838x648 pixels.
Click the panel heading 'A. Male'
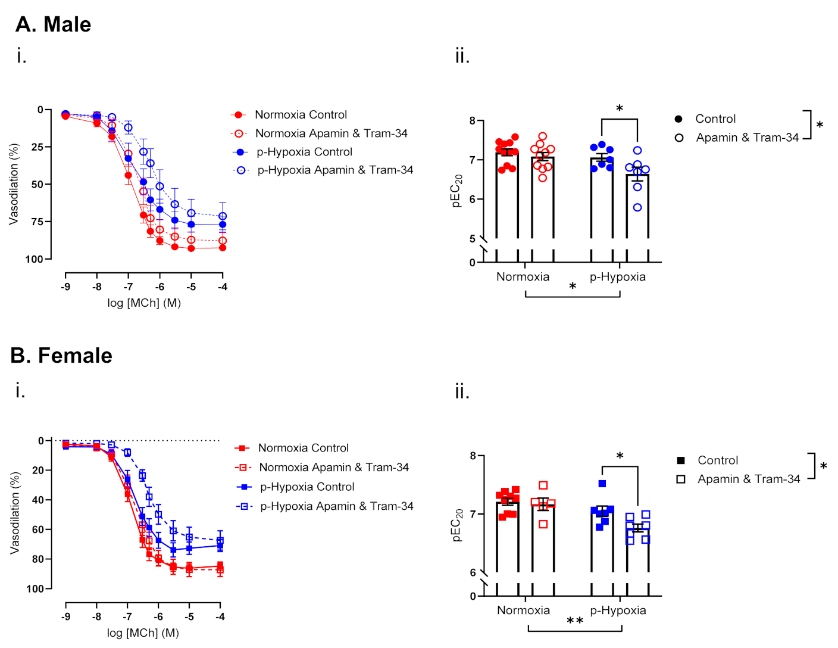(x=53, y=24)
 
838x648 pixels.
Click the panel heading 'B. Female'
(x=61, y=355)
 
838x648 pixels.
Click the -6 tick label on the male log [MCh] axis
(x=160, y=286)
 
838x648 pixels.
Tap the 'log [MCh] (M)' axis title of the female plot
(x=143, y=633)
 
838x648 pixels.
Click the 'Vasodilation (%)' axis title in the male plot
(x=14, y=184)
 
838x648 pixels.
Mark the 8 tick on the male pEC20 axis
(x=473, y=121)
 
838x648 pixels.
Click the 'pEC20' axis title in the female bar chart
(x=457, y=525)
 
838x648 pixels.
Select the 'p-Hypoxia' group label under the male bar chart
(x=617, y=277)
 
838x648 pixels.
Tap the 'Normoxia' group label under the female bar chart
(x=523, y=610)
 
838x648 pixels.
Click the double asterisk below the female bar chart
(x=574, y=621)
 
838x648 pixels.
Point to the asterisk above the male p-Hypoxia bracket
(x=620, y=108)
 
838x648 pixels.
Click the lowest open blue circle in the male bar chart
(x=637, y=208)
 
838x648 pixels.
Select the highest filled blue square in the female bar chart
(x=602, y=484)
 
